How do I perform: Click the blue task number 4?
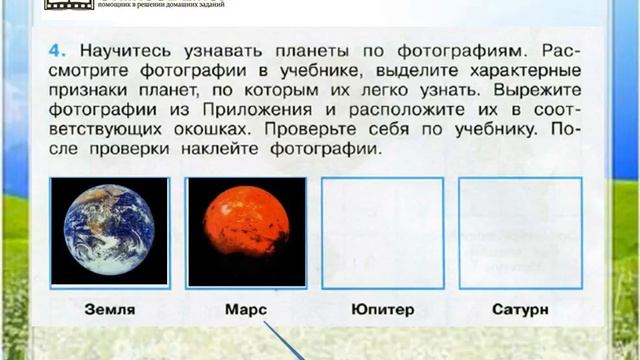pyautogui.click(x=55, y=47)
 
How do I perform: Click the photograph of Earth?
pyautogui.click(x=110, y=232)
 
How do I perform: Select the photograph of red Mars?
pyautogui.click(x=245, y=232)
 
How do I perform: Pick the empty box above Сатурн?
pyautogui.click(x=520, y=232)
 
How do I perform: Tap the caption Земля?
pyautogui.click(x=110, y=309)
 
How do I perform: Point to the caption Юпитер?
pyautogui.click(x=383, y=309)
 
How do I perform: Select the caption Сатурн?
pyautogui.click(x=520, y=309)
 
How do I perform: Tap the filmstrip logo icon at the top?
pyautogui.click(x=66, y=5)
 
